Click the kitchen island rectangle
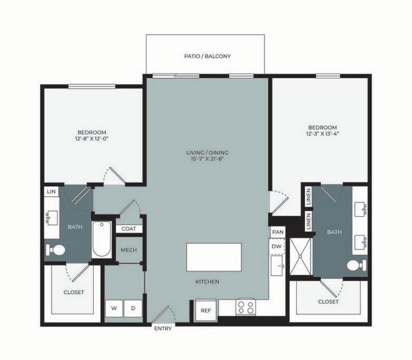tap(214, 257)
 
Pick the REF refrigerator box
tap(205, 311)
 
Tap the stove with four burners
tap(245, 307)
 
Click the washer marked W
tap(114, 309)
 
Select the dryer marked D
tap(133, 309)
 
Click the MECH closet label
tap(129, 250)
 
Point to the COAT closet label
tap(129, 229)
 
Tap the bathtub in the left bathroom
tap(101, 239)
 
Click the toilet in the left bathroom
tap(56, 251)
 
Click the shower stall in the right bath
tap(301, 257)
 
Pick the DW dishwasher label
tap(276, 246)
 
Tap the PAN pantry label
tap(277, 233)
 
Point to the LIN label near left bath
tap(51, 191)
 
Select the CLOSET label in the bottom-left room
tap(74, 292)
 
